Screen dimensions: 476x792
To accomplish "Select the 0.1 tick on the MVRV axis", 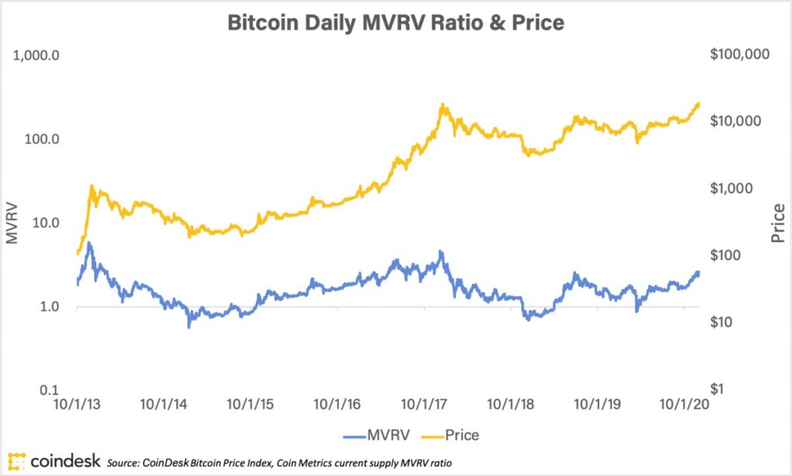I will [x=53, y=390].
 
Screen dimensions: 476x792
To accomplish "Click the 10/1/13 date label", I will [x=77, y=405].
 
